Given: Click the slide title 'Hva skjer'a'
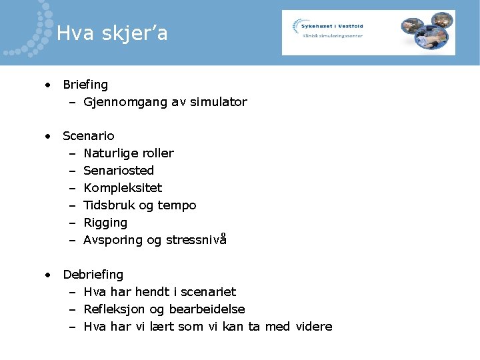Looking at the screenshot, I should point(112,33).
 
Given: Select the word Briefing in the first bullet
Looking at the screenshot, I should point(85,85).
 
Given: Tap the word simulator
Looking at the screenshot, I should point(218,102).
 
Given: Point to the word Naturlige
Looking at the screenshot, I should point(109,153).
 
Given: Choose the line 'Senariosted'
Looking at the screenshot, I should point(119,171).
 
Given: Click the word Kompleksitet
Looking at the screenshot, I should point(123,188).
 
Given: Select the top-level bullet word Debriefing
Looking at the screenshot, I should point(93,275).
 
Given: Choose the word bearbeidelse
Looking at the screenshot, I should point(207,309).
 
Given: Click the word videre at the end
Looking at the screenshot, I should point(313,327).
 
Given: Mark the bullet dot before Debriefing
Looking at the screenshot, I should point(48,275).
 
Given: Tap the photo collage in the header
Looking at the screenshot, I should point(427,31).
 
